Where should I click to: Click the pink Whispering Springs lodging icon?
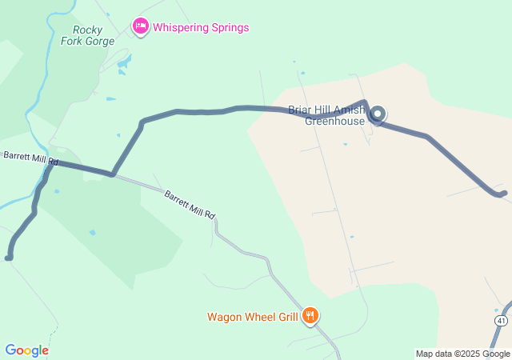point(141,27)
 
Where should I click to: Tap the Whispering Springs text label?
point(201,28)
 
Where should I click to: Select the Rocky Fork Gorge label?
point(82,36)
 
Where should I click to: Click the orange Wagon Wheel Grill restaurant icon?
point(310,316)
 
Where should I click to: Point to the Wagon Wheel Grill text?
point(252,316)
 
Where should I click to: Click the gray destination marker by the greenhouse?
point(377,114)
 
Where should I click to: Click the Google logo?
point(26,350)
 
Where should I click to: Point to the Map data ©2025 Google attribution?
point(462,354)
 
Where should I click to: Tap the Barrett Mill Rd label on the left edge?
point(30,158)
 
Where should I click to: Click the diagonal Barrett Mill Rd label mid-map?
point(190,205)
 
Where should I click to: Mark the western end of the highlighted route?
point(9,258)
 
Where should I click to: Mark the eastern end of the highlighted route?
point(503,193)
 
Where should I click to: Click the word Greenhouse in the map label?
point(334,122)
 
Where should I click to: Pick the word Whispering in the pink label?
point(181,28)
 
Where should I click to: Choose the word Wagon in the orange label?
point(224,316)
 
